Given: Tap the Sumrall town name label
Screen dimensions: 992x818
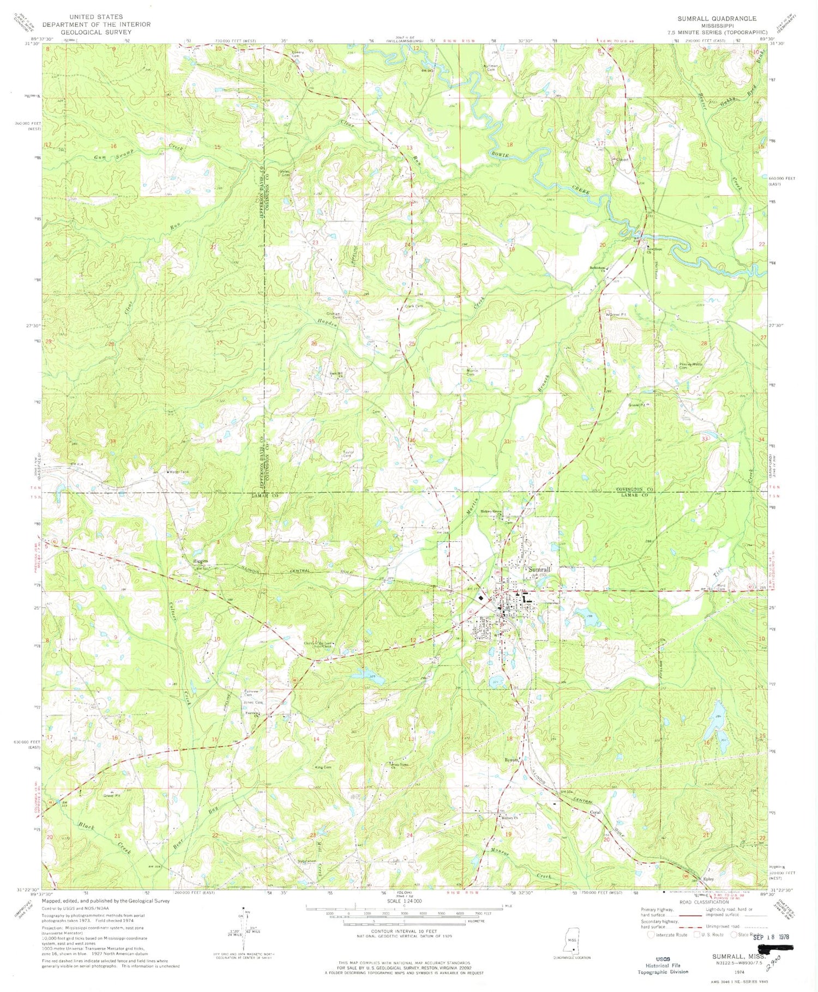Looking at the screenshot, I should click(539, 569).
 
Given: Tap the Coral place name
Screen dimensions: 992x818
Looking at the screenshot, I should click(594, 813).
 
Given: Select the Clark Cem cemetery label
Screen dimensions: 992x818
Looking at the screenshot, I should click(413, 306).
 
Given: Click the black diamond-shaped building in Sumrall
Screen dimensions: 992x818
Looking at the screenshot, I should click(480, 598).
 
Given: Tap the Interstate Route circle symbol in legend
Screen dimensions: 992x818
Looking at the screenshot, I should click(651, 934).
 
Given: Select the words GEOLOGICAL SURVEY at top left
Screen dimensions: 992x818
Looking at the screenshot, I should click(95, 32).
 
